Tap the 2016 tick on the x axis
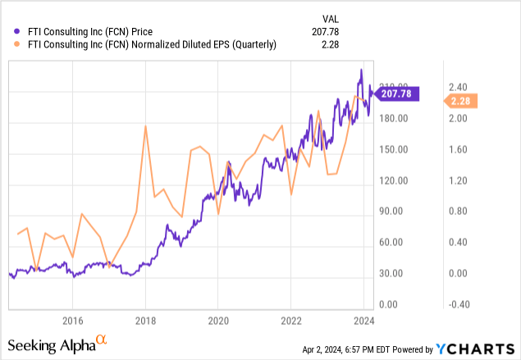tap(73, 321)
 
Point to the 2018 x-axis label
tap(145, 321)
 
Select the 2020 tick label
tap(217, 321)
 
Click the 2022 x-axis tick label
tap(291, 321)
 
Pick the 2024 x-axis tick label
tap(363, 321)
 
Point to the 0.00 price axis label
tap(393, 304)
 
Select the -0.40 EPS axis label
tap(457, 304)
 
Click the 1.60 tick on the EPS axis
tap(458, 149)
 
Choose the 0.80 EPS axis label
tap(458, 212)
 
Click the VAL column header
tap(327, 18)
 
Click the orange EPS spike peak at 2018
tap(145, 125)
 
